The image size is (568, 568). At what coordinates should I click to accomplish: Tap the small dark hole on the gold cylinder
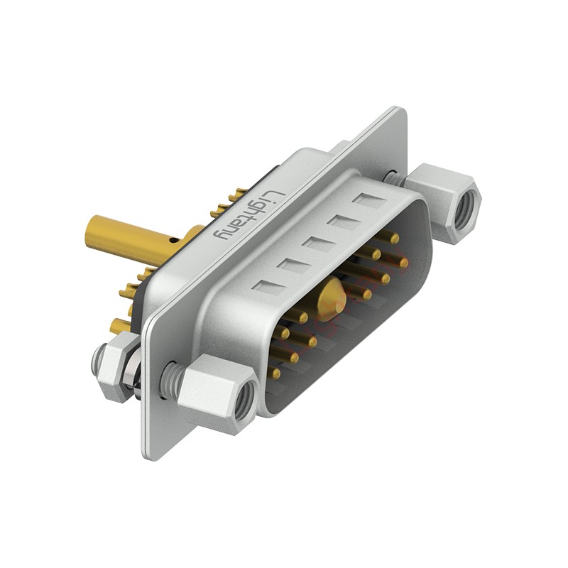click(175, 240)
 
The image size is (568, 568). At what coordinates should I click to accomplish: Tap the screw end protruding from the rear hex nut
click(98, 356)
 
